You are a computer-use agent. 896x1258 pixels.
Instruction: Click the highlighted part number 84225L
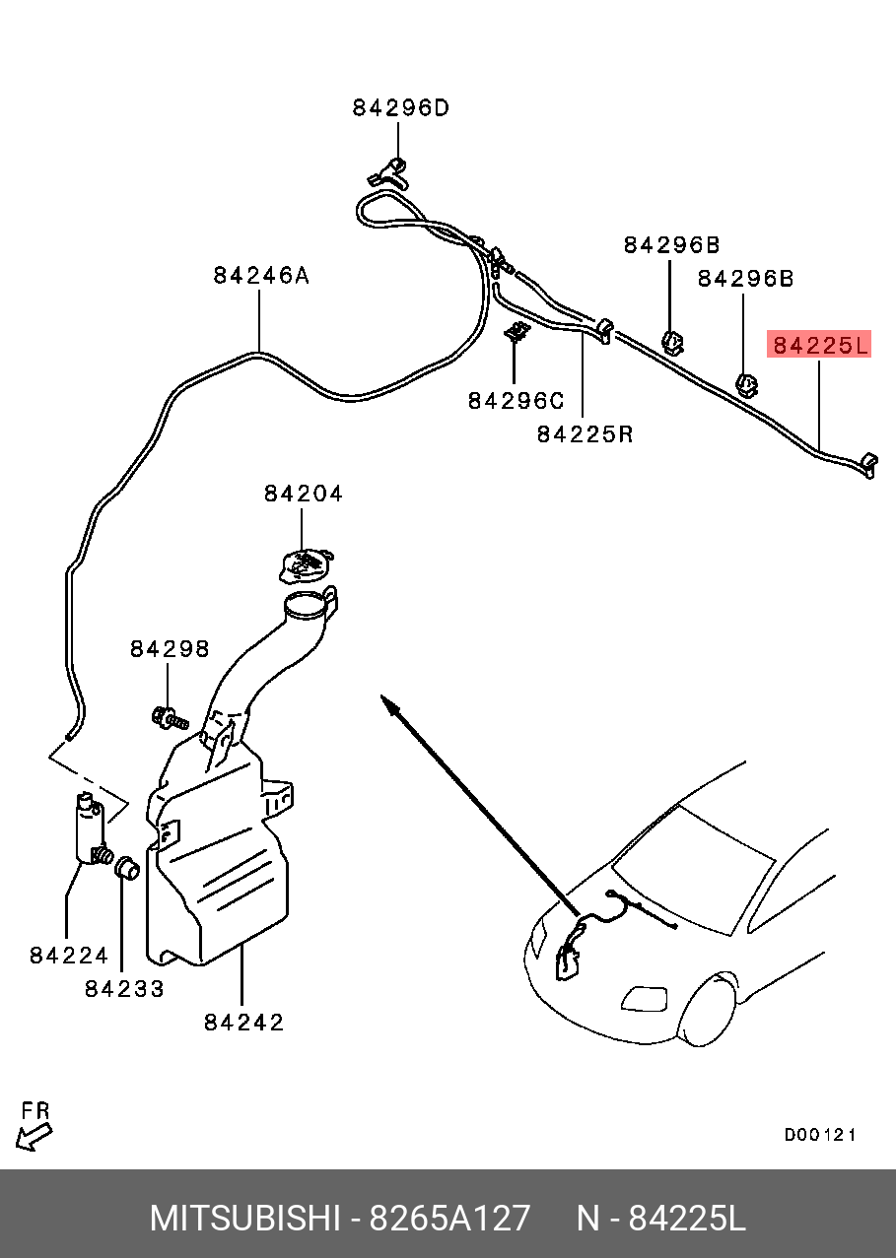pyautogui.click(x=820, y=345)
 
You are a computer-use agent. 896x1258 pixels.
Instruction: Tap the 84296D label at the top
pyautogui.click(x=400, y=108)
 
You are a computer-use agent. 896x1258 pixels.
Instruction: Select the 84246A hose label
pyautogui.click(x=260, y=276)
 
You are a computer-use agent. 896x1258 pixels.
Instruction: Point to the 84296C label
pyautogui.click(x=515, y=401)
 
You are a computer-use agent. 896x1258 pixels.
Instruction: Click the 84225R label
pyautogui.click(x=585, y=433)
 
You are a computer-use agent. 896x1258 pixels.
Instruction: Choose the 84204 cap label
pyautogui.click(x=303, y=494)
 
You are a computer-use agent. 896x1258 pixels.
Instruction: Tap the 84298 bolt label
pyautogui.click(x=170, y=649)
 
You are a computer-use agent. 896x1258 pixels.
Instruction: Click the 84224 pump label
pyautogui.click(x=68, y=955)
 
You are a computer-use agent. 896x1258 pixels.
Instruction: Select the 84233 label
pyautogui.click(x=124, y=989)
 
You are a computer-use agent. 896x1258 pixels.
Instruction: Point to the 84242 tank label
pyautogui.click(x=243, y=1023)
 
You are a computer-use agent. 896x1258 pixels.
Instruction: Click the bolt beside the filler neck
pyautogui.click(x=169, y=717)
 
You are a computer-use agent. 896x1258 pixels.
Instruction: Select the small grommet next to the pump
pyautogui.click(x=126, y=869)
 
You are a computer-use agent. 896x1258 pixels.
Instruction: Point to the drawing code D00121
pyautogui.click(x=819, y=1135)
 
